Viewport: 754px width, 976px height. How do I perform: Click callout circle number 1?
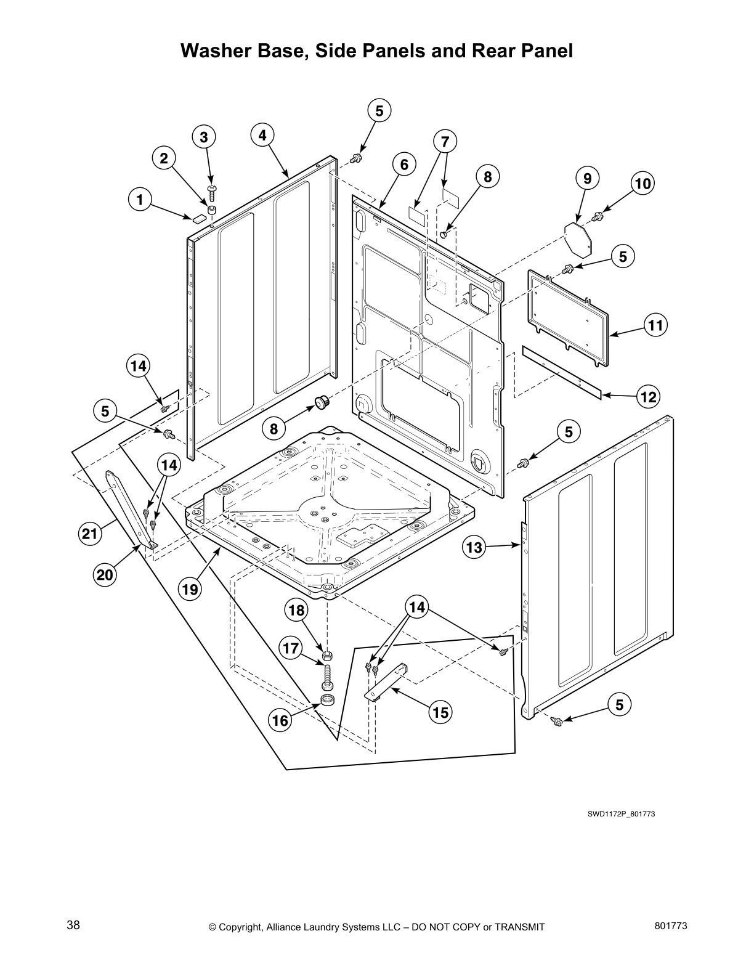[x=140, y=199]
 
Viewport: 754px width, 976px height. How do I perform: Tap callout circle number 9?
[x=587, y=179]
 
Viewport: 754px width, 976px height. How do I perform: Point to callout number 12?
[x=648, y=397]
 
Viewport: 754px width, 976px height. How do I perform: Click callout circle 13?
[x=474, y=546]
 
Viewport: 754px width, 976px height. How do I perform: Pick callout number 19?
[x=190, y=590]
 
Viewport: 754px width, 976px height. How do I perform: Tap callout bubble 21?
[x=90, y=534]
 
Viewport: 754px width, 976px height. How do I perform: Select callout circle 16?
[x=280, y=720]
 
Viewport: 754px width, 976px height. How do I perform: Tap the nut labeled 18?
[x=328, y=654]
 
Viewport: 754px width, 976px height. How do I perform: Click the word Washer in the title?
[x=217, y=51]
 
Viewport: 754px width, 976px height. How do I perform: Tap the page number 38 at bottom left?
[x=73, y=925]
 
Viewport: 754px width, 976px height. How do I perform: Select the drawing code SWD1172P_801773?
[x=620, y=814]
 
